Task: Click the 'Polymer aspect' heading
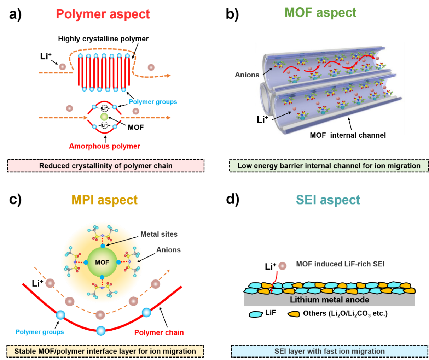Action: point(103,14)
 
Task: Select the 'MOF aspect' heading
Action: point(320,13)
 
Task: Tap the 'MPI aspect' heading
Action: point(105,200)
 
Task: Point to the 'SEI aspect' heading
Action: point(328,200)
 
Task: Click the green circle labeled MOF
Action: point(102,262)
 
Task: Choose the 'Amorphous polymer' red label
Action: point(105,146)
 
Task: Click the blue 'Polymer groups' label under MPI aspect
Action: point(40,332)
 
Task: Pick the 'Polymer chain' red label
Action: point(159,332)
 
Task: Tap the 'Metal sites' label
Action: point(159,234)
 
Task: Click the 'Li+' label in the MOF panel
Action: point(262,120)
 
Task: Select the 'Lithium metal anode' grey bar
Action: point(329,300)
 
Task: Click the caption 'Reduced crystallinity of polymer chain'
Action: point(106,166)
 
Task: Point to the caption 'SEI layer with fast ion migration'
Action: point(329,351)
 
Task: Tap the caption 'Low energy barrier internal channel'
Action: point(329,166)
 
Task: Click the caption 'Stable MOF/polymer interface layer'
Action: point(105,351)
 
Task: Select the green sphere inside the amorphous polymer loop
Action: point(104,117)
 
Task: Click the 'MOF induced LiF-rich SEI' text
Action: point(340,264)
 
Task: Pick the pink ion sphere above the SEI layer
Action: point(282,266)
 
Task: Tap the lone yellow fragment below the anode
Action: point(294,314)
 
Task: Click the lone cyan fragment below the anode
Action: point(256,314)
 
